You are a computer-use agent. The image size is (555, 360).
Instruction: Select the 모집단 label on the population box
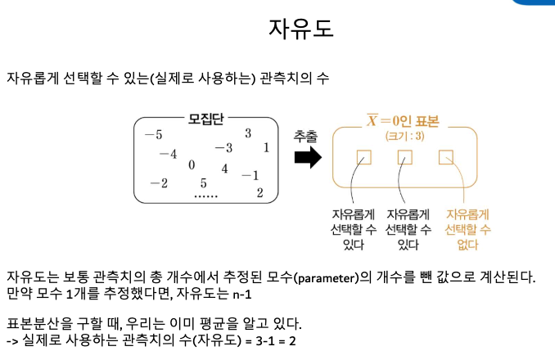coord(205,119)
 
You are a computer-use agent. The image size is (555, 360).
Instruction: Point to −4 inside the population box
coord(168,154)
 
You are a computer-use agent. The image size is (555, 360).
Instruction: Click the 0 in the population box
coord(192,165)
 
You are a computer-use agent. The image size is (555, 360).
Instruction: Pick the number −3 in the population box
coord(223,148)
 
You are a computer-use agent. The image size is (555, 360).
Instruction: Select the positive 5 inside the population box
coord(203,183)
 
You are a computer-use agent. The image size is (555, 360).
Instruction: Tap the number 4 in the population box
coord(224,169)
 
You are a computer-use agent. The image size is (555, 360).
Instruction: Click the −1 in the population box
coord(250,174)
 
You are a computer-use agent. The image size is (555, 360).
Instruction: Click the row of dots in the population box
coord(205,196)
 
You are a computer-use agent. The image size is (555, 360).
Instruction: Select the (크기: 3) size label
coord(404,136)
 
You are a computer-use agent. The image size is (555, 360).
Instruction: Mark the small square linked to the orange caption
coord(446,157)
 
